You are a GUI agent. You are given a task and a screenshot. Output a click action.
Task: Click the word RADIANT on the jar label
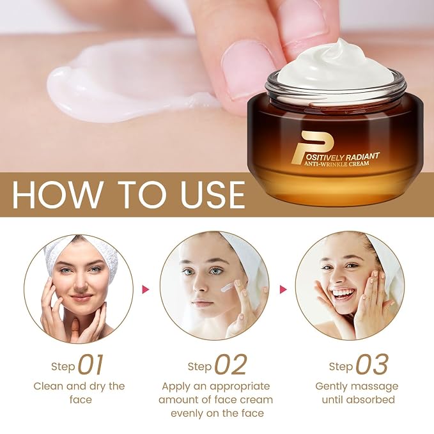click(x=362, y=157)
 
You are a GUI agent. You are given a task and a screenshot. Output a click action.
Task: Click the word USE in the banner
click(x=212, y=194)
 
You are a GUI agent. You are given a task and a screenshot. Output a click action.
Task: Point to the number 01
click(x=91, y=365)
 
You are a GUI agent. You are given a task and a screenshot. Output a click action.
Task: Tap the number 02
click(x=230, y=365)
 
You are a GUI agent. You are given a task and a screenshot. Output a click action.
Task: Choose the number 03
click(x=372, y=365)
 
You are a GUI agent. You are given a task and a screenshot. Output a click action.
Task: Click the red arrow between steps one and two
click(x=146, y=290)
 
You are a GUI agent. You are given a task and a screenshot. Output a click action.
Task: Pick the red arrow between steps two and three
click(x=283, y=290)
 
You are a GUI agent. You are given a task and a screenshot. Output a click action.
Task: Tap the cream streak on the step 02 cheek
click(x=228, y=288)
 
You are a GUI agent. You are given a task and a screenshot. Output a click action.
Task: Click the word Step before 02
click(x=199, y=366)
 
